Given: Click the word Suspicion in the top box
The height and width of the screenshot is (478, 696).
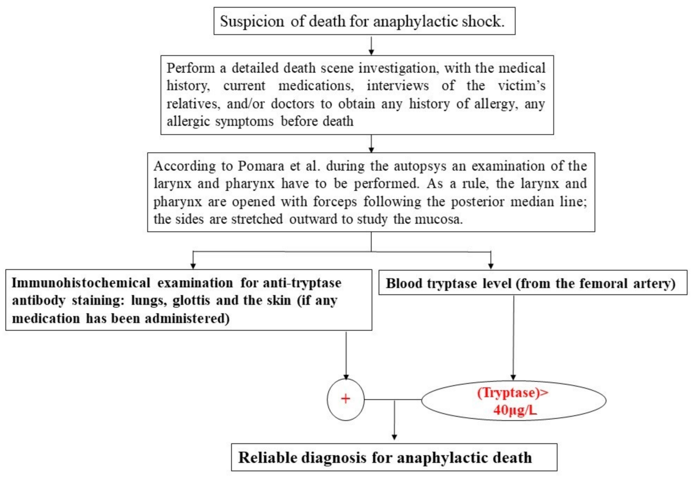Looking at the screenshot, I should [x=252, y=22].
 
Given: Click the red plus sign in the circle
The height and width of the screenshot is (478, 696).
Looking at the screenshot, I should [x=346, y=399].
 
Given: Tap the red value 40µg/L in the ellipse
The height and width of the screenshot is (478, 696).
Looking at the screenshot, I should [x=515, y=410].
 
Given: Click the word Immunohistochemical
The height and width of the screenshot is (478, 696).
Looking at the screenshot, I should [x=81, y=283].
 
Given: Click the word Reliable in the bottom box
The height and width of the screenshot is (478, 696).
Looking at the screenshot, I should [x=268, y=457].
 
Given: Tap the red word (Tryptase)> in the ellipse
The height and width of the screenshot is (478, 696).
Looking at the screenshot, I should [x=513, y=393].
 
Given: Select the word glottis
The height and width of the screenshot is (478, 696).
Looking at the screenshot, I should [x=191, y=300].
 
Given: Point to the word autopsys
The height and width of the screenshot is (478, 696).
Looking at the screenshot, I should [x=420, y=166].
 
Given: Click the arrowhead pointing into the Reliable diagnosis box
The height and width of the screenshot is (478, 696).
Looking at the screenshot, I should [x=395, y=437].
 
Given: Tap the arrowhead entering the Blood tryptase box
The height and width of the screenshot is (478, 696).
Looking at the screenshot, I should [x=491, y=266].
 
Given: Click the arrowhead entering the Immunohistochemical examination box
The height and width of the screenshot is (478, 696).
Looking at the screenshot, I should [x=193, y=266].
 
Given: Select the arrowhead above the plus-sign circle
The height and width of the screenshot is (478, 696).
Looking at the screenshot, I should [x=346, y=377].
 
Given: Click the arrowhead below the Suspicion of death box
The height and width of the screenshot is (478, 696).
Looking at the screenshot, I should [x=371, y=52].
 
